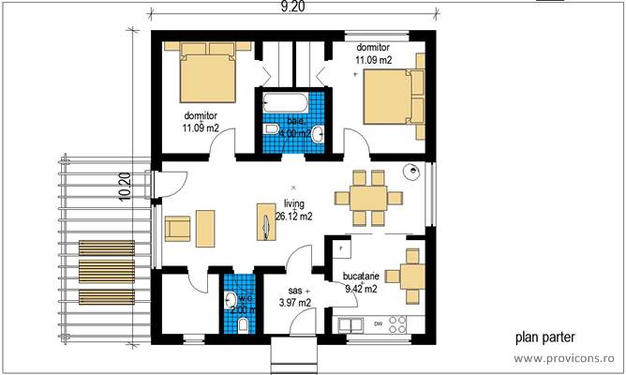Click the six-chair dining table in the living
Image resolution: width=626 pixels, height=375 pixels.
click(x=370, y=197)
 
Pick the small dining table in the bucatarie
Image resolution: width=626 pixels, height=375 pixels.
click(x=411, y=277)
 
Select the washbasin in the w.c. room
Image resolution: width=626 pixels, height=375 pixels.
click(x=231, y=300)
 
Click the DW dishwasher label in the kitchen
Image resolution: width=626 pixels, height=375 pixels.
click(x=377, y=324)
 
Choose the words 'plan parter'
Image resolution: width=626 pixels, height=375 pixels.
click(x=544, y=337)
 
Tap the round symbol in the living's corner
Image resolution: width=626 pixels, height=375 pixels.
click(x=410, y=172)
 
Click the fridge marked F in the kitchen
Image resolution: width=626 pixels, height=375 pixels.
click(x=339, y=248)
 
